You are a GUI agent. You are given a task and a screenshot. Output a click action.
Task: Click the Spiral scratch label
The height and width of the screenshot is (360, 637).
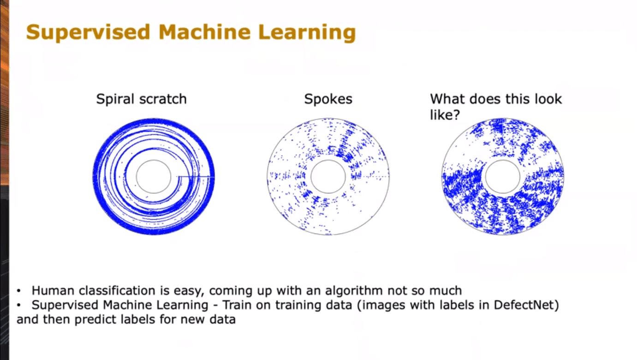pyautogui.click(x=141, y=99)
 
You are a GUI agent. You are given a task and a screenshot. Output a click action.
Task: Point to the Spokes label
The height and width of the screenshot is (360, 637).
pyautogui.click(x=328, y=99)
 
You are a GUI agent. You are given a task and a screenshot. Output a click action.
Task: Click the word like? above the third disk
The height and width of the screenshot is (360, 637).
pyautogui.click(x=445, y=115)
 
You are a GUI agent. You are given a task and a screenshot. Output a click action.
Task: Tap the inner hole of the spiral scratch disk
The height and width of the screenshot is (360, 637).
pyautogui.click(x=154, y=160)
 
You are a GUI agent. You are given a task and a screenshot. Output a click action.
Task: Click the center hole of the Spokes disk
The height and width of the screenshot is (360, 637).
pyautogui.click(x=328, y=160)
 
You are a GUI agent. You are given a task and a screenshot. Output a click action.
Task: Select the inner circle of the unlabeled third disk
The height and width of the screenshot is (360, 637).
pyautogui.click(x=502, y=160)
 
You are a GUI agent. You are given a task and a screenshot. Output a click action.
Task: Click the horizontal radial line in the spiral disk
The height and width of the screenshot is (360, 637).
pyautogui.click(x=196, y=177)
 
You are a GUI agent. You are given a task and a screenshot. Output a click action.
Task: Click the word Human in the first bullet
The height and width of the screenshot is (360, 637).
pyautogui.click(x=53, y=291)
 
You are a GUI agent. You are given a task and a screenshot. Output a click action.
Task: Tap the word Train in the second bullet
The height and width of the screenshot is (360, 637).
pyautogui.click(x=237, y=305)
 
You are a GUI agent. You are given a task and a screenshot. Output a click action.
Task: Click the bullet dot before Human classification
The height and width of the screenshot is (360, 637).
pyautogui.click(x=19, y=291)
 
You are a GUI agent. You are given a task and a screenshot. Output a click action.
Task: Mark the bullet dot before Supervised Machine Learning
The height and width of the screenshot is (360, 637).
pyautogui.click(x=19, y=306)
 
